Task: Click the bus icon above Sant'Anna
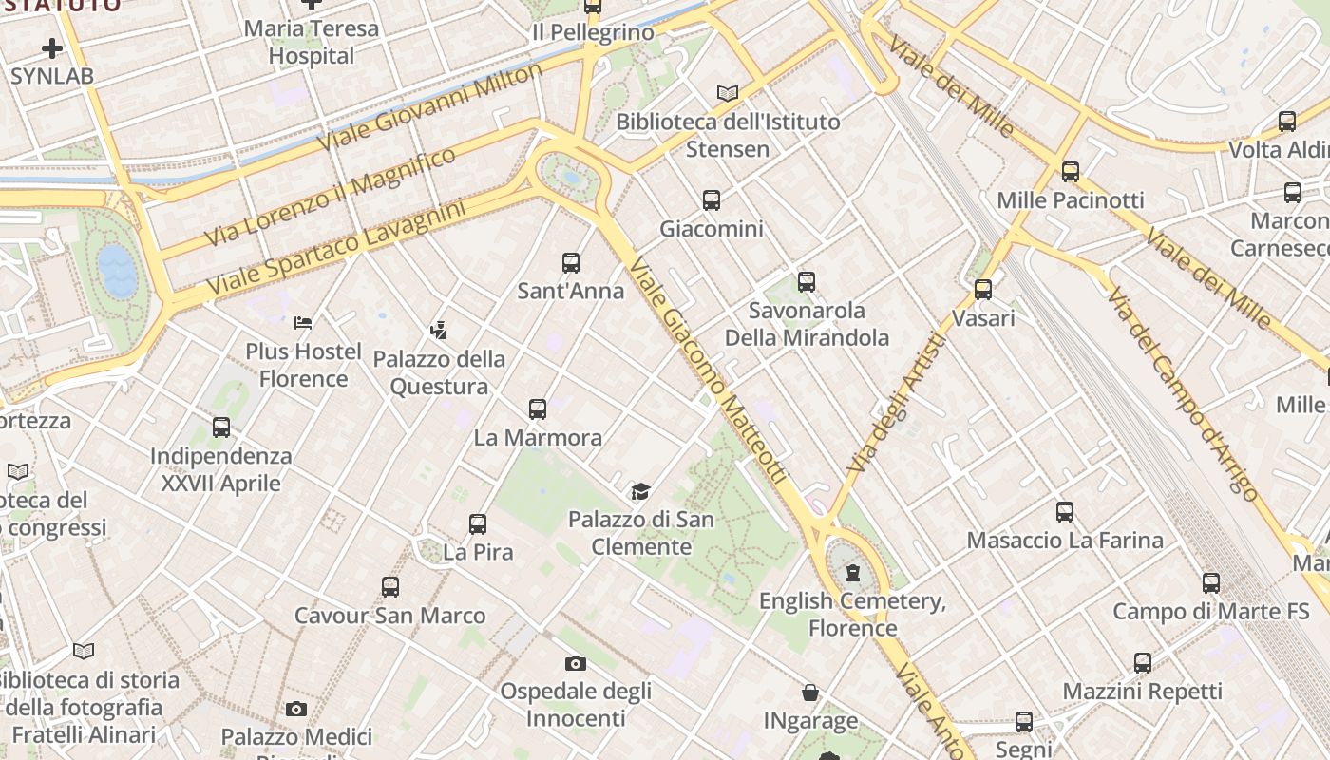pyautogui.click(x=571, y=263)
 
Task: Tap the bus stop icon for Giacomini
pyautogui.click(x=712, y=200)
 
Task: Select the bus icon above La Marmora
pyautogui.click(x=538, y=409)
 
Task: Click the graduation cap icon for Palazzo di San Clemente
pyautogui.click(x=640, y=491)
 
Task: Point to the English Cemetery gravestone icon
pyautogui.click(x=853, y=573)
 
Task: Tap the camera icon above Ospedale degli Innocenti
pyautogui.click(x=575, y=663)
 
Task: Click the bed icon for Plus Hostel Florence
pyautogui.click(x=303, y=323)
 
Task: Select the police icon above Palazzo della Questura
pyautogui.click(x=438, y=331)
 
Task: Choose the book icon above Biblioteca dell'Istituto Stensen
pyautogui.click(x=728, y=93)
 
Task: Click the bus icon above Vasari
pyautogui.click(x=983, y=289)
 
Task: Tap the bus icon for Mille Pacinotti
pyautogui.click(x=1071, y=172)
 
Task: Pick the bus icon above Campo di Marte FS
pyautogui.click(x=1211, y=583)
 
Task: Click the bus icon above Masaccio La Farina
pyautogui.click(x=1065, y=512)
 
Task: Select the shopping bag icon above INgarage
pyautogui.click(x=810, y=693)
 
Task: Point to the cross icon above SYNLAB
pyautogui.click(x=52, y=47)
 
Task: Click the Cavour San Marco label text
pyautogui.click(x=389, y=616)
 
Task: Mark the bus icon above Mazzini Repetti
pyautogui.click(x=1143, y=663)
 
